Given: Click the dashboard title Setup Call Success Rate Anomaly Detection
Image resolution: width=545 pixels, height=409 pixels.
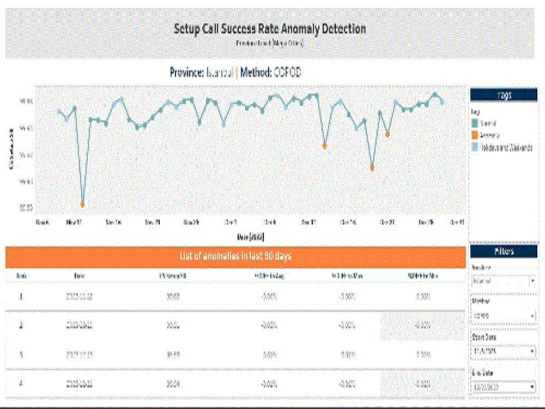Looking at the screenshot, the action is [270, 29].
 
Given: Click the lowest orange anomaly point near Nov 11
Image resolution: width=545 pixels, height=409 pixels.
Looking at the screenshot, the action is [82, 204].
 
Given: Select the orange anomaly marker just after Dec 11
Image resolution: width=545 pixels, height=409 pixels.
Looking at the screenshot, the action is [324, 146].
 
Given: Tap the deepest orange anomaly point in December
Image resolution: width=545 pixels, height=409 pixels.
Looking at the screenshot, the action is [372, 168].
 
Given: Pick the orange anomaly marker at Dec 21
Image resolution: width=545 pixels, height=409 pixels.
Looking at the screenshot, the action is [387, 134].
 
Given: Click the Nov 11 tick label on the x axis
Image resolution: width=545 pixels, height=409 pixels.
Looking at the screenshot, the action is [74, 222].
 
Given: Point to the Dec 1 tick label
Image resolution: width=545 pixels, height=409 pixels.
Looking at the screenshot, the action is [231, 222].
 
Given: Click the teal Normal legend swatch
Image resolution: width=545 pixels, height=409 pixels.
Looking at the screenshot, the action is [475, 124].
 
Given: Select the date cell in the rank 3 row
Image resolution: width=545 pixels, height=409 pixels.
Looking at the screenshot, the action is [80, 354].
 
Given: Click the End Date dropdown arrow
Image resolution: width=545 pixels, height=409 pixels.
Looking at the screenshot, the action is [532, 388].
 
